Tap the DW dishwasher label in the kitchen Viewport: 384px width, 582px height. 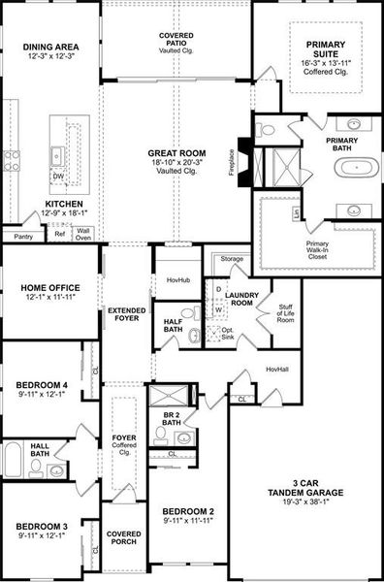tap(58, 177)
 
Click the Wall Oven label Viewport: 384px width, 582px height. tap(83, 234)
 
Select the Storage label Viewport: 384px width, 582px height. tap(232, 259)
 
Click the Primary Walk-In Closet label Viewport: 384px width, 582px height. tap(318, 248)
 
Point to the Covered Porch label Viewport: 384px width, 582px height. tap(123, 538)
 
